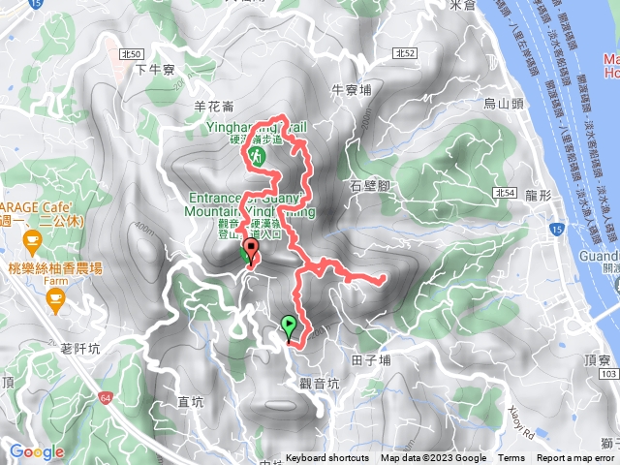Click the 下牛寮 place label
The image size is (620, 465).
154,69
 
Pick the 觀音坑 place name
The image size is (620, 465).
320,383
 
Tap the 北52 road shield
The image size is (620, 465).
407,51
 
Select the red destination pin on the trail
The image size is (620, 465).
252,252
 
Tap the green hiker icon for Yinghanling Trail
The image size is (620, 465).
258,154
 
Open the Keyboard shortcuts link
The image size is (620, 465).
326,458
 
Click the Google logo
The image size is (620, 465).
37,451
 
